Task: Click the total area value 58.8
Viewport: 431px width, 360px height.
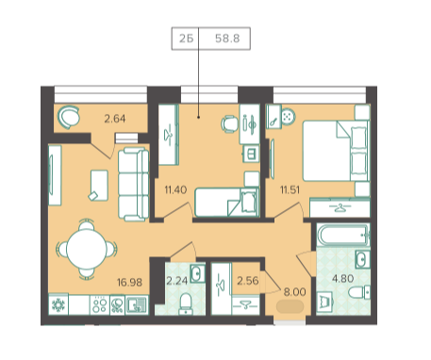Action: (227, 39)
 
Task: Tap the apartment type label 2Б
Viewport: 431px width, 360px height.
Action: (186, 39)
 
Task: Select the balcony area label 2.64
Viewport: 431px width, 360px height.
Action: (115, 119)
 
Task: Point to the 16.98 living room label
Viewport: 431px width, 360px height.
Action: (129, 282)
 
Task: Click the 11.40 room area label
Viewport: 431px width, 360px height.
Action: (175, 189)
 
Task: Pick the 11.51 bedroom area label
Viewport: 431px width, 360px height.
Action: (290, 189)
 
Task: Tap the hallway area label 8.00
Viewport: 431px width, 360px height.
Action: (295, 292)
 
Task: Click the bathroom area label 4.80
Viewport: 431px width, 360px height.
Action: (343, 278)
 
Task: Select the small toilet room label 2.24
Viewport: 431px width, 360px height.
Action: (177, 281)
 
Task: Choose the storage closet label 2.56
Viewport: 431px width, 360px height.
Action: (248, 281)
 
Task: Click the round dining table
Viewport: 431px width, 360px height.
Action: (86, 249)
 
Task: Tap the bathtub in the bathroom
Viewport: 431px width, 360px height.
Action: (343, 235)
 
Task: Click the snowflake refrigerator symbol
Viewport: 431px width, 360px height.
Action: (58, 304)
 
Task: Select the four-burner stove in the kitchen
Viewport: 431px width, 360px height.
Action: (99, 304)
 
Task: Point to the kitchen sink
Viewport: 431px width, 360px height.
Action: (137, 305)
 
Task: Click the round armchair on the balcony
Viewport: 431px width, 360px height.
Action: (68, 117)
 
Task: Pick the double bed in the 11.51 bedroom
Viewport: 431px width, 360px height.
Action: (335, 151)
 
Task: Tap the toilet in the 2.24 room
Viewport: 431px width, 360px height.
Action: (186, 303)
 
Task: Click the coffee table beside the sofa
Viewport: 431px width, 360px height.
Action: (99, 185)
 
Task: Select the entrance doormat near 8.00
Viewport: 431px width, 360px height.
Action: (290, 306)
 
